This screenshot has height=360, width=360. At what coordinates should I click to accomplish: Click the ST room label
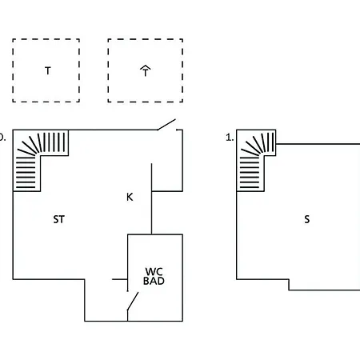tap(58, 219)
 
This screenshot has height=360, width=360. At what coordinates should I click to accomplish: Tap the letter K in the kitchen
tap(130, 197)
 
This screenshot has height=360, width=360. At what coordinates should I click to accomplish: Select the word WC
tap(154, 272)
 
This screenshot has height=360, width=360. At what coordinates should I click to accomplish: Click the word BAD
tap(154, 281)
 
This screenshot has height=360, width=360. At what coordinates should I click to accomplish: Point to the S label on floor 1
tap(307, 219)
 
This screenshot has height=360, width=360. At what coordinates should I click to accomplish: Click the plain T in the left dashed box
tap(48, 71)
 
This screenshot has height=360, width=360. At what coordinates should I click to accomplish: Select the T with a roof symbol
tap(146, 71)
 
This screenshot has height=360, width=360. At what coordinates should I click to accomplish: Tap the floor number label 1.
tap(230, 138)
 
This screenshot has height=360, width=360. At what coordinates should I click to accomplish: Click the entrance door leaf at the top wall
tap(166, 125)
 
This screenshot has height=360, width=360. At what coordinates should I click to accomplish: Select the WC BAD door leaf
tap(133, 302)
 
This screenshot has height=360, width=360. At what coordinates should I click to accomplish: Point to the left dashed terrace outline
tap(13, 70)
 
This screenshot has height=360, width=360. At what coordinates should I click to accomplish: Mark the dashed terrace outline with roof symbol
tap(108, 70)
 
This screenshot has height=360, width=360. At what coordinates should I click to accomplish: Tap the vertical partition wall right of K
tap(151, 199)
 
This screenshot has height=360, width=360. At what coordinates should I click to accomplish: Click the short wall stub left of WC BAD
tap(120, 279)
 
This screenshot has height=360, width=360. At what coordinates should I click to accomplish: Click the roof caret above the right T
tap(146, 67)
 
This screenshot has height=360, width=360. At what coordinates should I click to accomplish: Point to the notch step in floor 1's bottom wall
tap(289, 285)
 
